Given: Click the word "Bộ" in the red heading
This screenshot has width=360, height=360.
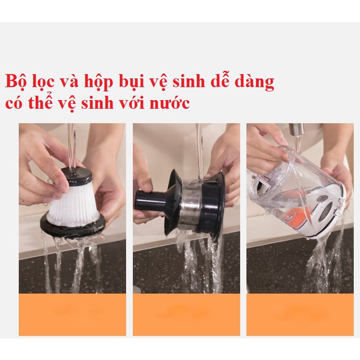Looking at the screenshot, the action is [16, 81].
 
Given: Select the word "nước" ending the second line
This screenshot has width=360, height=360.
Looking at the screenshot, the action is [170, 104].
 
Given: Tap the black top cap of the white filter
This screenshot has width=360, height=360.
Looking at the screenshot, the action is [76, 176].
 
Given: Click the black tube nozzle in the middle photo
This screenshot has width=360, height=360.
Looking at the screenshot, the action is [152, 198].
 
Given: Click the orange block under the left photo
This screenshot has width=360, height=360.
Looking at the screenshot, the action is [72, 314].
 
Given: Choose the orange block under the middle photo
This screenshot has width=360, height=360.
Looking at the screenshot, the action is [186, 314].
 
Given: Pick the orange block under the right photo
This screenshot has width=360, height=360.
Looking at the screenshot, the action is [300, 314].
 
